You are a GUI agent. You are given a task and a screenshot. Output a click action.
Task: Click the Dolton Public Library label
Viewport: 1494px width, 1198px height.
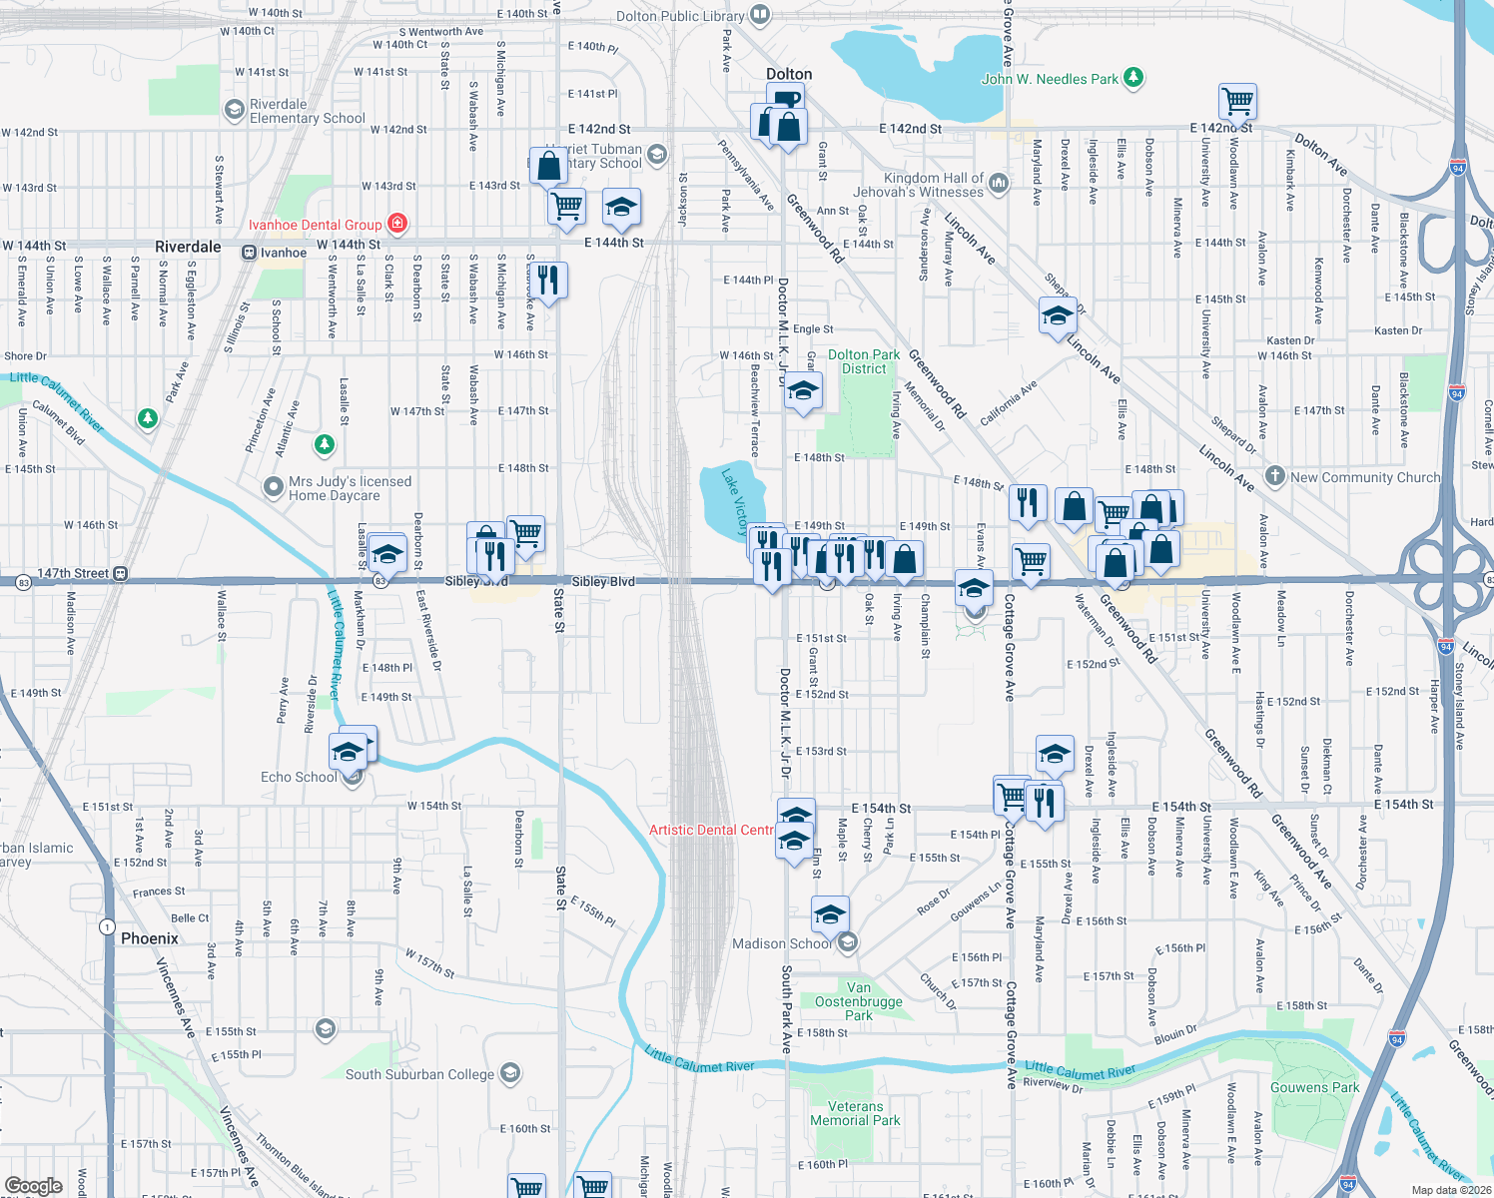[x=680, y=16]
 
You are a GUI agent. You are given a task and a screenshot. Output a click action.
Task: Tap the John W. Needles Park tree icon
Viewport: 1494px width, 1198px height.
[x=1132, y=77]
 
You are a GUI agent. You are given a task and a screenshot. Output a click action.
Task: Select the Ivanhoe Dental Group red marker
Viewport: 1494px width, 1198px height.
[x=397, y=223]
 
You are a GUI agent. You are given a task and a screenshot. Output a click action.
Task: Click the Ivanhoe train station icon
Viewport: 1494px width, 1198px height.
[x=249, y=253]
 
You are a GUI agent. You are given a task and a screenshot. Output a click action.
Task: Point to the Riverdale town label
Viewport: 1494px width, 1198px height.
[x=188, y=247]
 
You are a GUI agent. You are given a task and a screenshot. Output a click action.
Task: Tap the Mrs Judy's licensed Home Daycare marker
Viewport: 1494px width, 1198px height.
[x=273, y=486]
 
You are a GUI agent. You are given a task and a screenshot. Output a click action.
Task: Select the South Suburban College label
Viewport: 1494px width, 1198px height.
[x=419, y=1074]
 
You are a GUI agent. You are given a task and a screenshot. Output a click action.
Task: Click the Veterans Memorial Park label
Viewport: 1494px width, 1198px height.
[x=855, y=1113]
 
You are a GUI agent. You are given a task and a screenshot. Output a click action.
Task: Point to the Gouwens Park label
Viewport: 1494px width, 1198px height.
[x=1314, y=1087]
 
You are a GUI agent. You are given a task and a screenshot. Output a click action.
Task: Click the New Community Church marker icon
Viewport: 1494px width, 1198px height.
[x=1274, y=475]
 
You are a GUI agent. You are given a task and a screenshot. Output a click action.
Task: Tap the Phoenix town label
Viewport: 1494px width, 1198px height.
[x=150, y=938]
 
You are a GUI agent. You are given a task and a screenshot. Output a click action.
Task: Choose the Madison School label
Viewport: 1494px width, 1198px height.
[x=781, y=943]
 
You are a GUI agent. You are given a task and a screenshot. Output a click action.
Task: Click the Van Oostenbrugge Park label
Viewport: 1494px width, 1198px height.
[x=859, y=1001]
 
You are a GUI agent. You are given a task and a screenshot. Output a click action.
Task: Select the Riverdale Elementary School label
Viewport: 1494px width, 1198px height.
[x=307, y=111]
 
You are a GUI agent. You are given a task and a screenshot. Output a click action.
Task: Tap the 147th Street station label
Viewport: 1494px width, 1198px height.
[x=73, y=573]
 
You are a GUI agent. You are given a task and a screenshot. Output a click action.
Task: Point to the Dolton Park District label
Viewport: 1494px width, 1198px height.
[x=864, y=361]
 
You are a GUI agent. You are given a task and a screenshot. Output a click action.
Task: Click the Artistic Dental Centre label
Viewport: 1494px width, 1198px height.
[x=711, y=830]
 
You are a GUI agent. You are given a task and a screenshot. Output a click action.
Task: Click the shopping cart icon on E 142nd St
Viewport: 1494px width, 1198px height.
[x=1237, y=100]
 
